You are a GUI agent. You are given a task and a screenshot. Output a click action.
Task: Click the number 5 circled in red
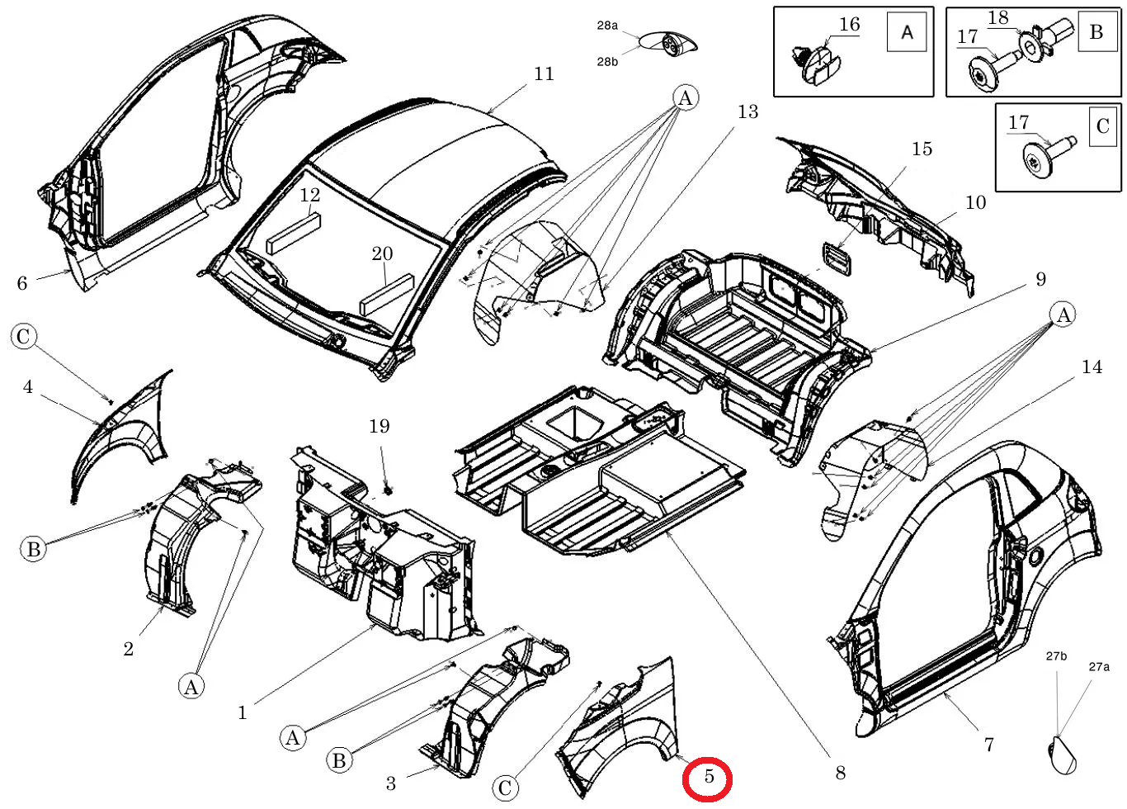click(709, 776)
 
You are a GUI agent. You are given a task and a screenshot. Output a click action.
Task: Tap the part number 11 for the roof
click(544, 74)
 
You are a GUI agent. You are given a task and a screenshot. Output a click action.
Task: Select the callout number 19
click(380, 427)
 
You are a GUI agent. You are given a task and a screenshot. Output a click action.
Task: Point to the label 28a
click(607, 25)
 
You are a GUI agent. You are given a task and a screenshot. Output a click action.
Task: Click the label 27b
click(1056, 656)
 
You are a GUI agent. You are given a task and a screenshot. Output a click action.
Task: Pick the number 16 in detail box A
click(850, 24)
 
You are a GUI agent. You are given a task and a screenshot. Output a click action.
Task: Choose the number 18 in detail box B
click(998, 17)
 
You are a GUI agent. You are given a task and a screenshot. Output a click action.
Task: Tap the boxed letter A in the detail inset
click(907, 32)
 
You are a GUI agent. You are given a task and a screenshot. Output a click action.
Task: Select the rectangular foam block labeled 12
click(295, 233)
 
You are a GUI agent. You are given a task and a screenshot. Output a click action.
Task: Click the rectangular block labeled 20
click(386, 295)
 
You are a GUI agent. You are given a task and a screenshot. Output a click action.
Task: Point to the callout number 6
click(22, 283)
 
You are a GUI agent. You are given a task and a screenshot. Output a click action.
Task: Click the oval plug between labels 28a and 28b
click(667, 45)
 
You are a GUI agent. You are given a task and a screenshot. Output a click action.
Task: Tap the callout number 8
click(840, 773)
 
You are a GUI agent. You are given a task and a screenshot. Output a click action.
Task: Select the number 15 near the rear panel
click(922, 149)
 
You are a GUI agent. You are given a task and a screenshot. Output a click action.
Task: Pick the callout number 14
click(1092, 367)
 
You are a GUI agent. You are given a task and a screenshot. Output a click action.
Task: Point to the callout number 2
click(129, 649)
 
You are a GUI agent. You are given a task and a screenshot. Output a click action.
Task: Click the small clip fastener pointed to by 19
click(388, 490)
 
